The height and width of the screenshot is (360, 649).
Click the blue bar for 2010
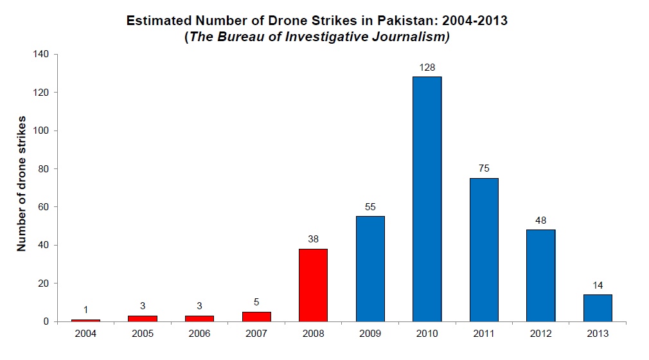[x=427, y=199]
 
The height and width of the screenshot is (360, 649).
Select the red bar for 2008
[x=313, y=285]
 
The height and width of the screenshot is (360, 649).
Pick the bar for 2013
[x=598, y=307]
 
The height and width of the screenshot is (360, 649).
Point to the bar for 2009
[x=370, y=269]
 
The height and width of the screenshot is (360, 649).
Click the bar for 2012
[x=540, y=275]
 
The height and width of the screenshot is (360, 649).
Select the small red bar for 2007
[x=256, y=316]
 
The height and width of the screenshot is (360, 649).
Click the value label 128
[x=427, y=67]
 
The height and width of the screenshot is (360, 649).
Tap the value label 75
[x=484, y=168]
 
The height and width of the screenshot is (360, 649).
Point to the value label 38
[x=313, y=239]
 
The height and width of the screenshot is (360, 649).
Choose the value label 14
[x=598, y=285]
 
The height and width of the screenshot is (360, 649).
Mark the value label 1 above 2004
[x=85, y=310]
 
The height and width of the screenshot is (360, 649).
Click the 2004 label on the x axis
[x=85, y=334]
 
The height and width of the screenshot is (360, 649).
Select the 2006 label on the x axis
[x=199, y=334]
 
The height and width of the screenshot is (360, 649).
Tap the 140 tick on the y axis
[x=41, y=55]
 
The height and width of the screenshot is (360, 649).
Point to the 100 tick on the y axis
[x=41, y=130]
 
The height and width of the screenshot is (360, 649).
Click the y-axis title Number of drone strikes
[x=21, y=184]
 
